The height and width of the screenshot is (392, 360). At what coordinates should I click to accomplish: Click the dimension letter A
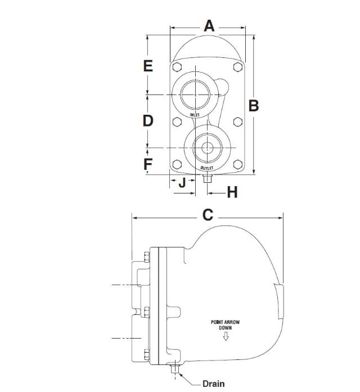[x=209, y=26]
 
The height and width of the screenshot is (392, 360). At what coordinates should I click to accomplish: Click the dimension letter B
[x=254, y=105]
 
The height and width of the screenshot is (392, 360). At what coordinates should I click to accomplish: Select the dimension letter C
[x=208, y=215]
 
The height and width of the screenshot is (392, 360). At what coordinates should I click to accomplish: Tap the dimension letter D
[x=148, y=120]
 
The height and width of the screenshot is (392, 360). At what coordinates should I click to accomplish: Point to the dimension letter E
[x=148, y=66]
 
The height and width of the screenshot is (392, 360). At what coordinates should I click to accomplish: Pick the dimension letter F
[x=148, y=164]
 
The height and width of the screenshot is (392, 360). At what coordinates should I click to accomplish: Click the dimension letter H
[x=232, y=192]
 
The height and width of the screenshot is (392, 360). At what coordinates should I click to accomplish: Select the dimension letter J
[x=181, y=183]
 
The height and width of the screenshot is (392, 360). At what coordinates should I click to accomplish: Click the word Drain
[x=214, y=384]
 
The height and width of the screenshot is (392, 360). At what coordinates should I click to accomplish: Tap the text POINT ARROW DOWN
[x=225, y=325]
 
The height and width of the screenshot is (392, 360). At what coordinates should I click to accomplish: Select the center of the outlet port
[x=206, y=148]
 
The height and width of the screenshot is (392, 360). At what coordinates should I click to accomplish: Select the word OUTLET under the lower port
[x=208, y=168]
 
